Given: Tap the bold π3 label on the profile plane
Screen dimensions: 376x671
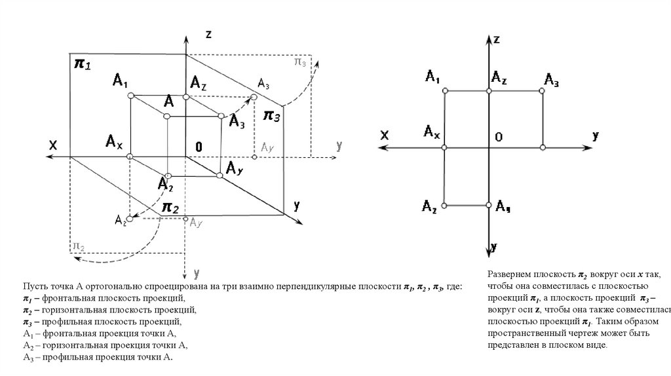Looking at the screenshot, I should tap(272, 116).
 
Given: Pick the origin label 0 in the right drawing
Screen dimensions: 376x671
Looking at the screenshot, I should tap(499, 137).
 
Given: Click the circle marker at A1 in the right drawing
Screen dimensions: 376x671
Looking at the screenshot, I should tap(445, 91).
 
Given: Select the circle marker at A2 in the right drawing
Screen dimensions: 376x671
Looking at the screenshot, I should tap(445, 206).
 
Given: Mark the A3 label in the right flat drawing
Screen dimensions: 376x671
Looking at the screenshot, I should tap(551, 80).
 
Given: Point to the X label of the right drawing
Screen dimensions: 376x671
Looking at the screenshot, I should tap(385, 135).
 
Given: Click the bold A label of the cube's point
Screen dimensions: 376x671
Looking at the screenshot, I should tap(169, 101).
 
